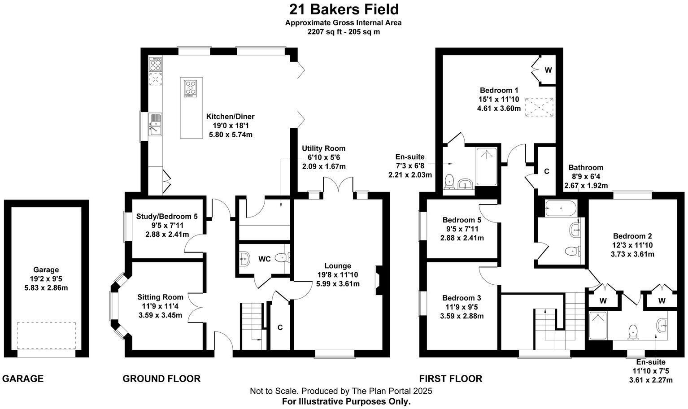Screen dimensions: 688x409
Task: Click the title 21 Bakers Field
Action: click(344, 9)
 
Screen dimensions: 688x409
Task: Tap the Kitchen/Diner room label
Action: click(231, 117)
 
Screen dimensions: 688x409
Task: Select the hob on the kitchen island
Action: click(191, 88)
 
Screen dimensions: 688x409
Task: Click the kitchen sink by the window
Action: click(155, 124)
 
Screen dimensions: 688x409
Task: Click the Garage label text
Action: click(46, 270)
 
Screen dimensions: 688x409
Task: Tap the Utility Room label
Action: click(324, 148)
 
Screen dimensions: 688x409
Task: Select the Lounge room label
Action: click(338, 266)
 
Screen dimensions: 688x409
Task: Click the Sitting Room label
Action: click(160, 297)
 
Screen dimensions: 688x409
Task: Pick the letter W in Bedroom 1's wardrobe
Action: click(548, 70)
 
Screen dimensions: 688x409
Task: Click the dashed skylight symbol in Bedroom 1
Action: click(539, 108)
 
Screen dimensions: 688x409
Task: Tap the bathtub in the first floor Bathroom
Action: click(561, 209)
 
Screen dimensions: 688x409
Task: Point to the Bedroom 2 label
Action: click(632, 236)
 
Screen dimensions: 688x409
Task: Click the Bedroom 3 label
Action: click(462, 298)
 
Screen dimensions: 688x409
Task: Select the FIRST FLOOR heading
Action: click(451, 379)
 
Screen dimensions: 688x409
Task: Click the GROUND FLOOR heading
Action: click(161, 379)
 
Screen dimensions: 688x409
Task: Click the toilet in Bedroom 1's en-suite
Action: click(449, 181)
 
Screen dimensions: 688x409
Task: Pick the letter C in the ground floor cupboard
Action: click(280, 328)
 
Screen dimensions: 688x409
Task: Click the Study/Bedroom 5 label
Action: click(167, 217)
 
